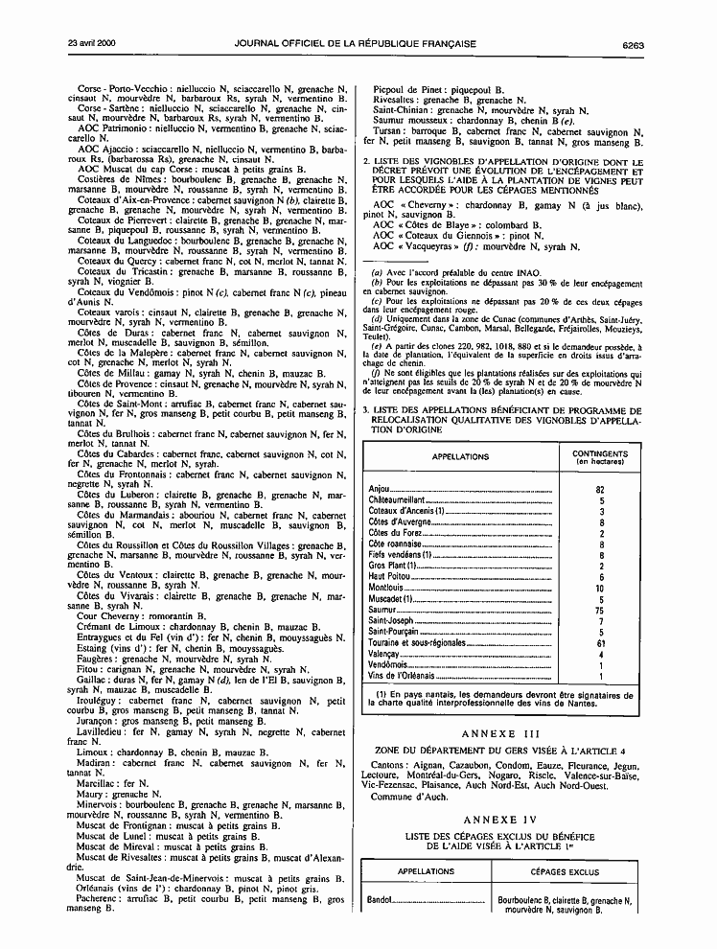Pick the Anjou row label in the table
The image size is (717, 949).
click(x=380, y=490)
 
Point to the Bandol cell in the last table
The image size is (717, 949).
click(x=382, y=901)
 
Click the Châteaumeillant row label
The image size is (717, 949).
click(x=396, y=500)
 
